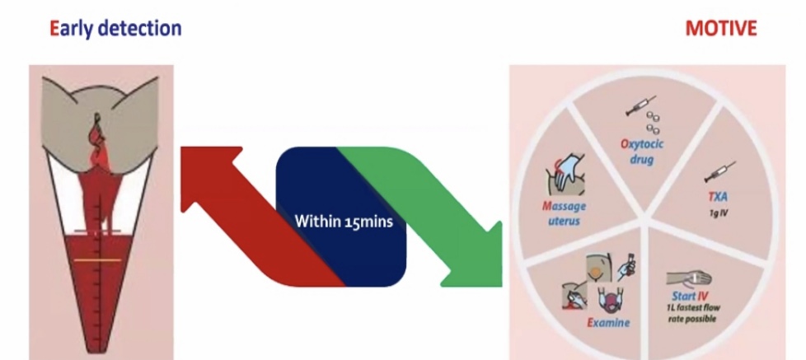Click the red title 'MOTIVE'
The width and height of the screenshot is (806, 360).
[720, 29]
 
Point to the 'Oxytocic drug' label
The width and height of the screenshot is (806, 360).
[637, 152]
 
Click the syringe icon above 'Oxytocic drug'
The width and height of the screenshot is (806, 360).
[635, 107]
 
